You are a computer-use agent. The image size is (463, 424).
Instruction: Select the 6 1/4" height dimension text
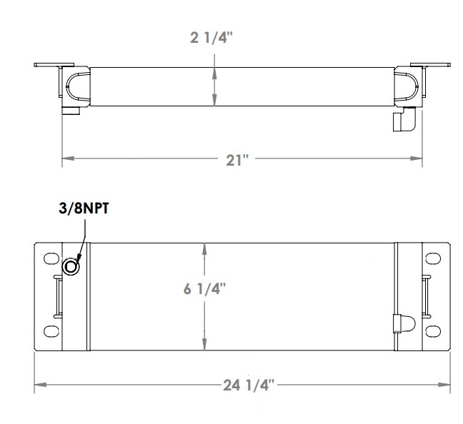pyautogui.click(x=205, y=289)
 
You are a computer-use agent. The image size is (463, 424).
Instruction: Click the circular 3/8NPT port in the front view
pyautogui.click(x=72, y=267)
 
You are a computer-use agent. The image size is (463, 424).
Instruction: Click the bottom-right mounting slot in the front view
pyautogui.click(x=432, y=331)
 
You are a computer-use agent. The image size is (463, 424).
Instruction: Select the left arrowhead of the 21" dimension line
pyautogui.click(x=66, y=158)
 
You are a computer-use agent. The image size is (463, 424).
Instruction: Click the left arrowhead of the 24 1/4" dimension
pyautogui.click(x=39, y=385)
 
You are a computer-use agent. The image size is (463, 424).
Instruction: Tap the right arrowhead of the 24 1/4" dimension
pyautogui.click(x=447, y=385)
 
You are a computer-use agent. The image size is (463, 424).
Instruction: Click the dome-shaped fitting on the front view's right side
pyautogui.click(x=404, y=322)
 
